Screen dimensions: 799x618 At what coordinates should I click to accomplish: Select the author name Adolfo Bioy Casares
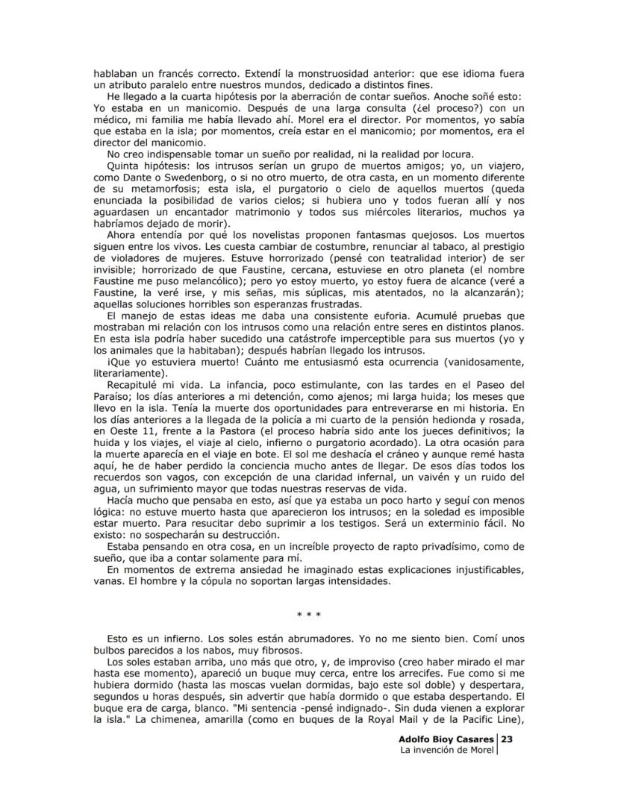[x=446, y=739]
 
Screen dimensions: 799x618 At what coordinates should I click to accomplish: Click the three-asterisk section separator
[x=308, y=615]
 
